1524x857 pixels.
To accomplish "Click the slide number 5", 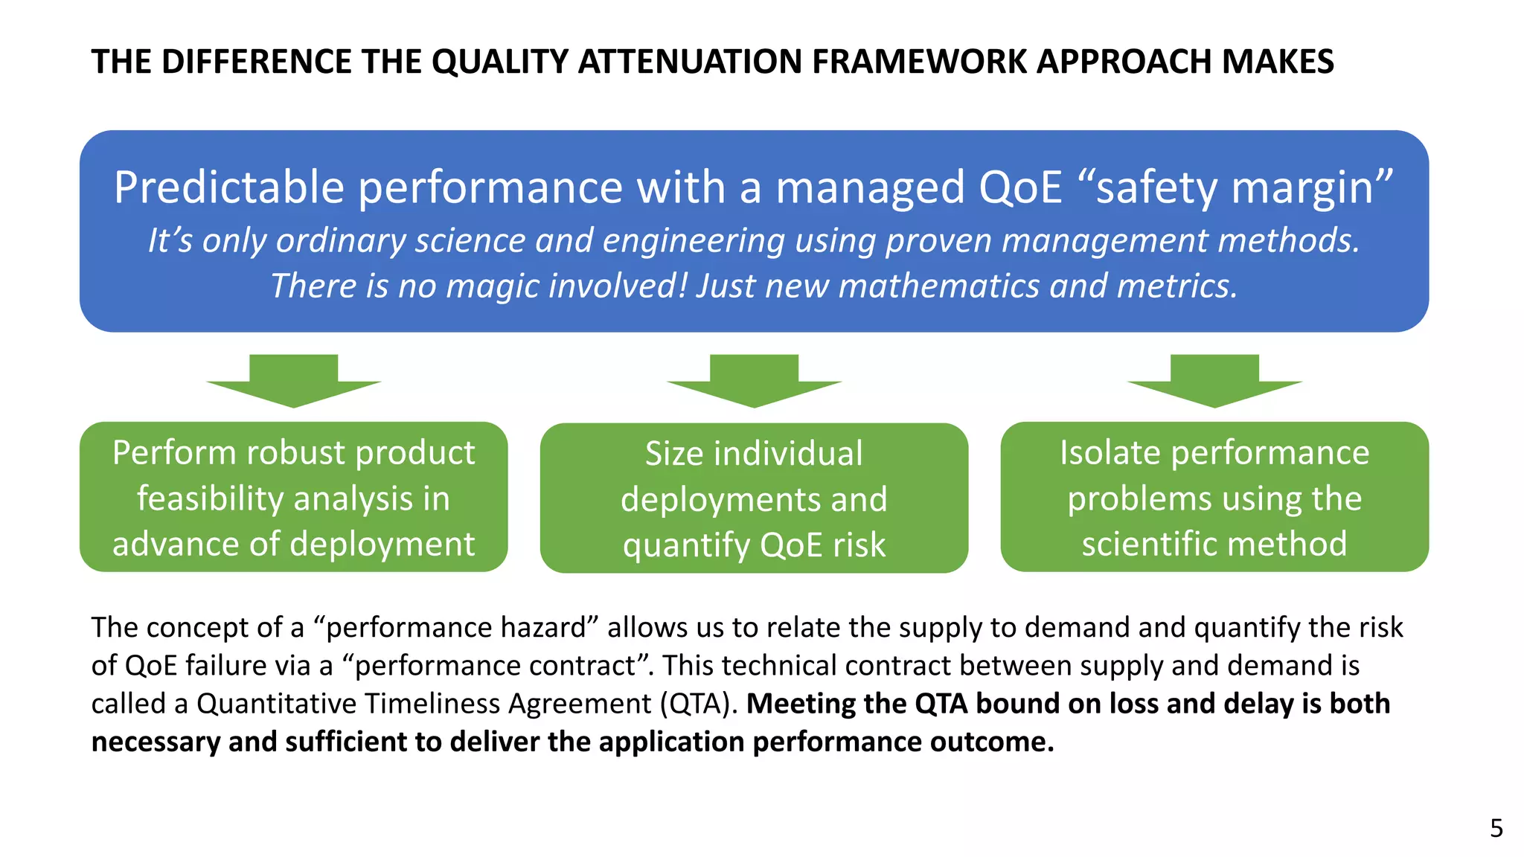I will (x=1496, y=829).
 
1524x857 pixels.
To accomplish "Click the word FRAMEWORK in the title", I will (x=920, y=62).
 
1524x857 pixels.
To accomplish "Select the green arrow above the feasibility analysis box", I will (x=293, y=380).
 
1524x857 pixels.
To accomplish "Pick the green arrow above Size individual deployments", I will (x=754, y=380).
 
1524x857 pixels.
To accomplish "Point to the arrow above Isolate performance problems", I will (x=1214, y=380).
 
